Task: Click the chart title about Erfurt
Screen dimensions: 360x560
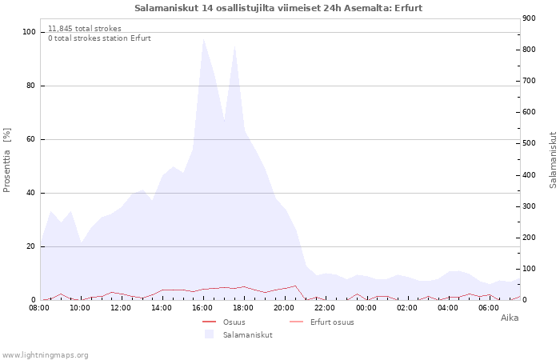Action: (278, 8)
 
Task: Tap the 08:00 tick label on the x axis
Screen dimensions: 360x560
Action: (39, 307)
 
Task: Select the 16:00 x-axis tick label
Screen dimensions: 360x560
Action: (202, 307)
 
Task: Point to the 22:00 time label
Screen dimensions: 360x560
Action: (325, 307)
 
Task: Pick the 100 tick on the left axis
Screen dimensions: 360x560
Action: (30, 32)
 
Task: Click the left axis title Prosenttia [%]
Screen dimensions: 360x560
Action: (8, 160)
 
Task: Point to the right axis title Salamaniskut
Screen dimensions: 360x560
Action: (553, 160)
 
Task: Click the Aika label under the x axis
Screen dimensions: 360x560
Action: (509, 318)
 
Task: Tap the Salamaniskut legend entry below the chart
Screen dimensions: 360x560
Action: (247, 334)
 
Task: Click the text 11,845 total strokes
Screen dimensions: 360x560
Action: (85, 29)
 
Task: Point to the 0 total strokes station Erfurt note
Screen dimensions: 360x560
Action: (99, 38)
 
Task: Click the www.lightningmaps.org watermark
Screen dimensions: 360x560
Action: (45, 354)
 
